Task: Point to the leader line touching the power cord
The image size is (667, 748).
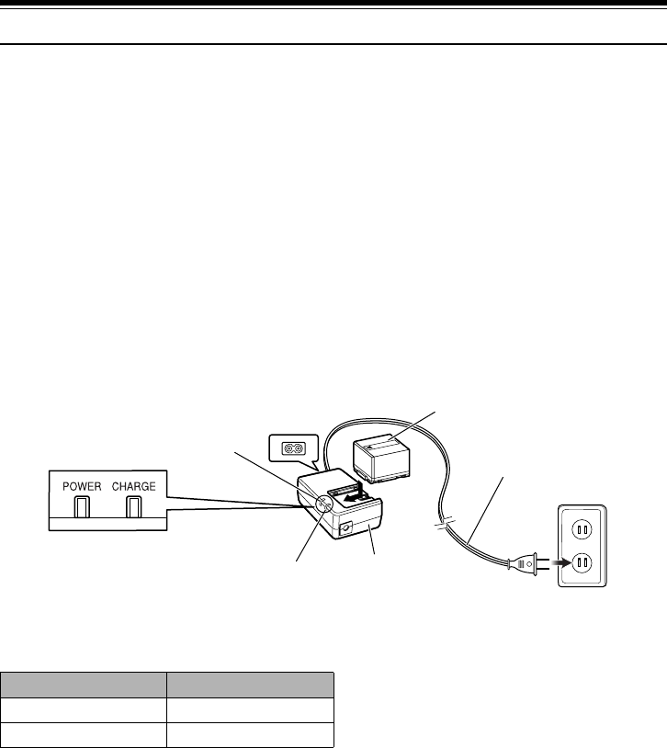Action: [487, 505]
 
